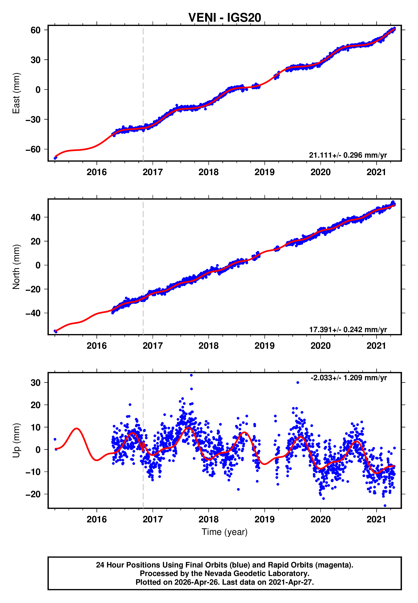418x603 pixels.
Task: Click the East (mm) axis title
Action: pyautogui.click(x=16, y=93)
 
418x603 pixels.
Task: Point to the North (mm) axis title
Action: pyautogui.click(x=16, y=267)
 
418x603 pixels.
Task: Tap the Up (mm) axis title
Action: pyautogui.click(x=16, y=440)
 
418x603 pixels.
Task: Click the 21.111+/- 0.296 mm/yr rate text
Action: pyautogui.click(x=348, y=155)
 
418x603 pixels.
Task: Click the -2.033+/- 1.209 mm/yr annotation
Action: pyautogui.click(x=349, y=378)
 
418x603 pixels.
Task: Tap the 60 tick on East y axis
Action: pyautogui.click(x=36, y=30)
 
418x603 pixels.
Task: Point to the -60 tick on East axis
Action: pyautogui.click(x=33, y=150)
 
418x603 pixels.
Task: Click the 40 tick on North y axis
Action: pyautogui.click(x=36, y=217)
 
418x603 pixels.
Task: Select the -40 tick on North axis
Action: pyautogui.click(x=33, y=313)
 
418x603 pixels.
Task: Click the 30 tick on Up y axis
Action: pyautogui.click(x=36, y=383)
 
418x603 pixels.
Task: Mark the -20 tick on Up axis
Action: pyautogui.click(x=33, y=494)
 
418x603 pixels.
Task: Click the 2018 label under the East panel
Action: pyautogui.click(x=209, y=172)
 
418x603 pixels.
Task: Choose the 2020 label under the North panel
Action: pyautogui.click(x=320, y=346)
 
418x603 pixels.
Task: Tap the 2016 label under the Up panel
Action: pyautogui.click(x=97, y=519)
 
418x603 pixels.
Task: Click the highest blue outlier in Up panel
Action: pyautogui.click(x=191, y=375)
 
